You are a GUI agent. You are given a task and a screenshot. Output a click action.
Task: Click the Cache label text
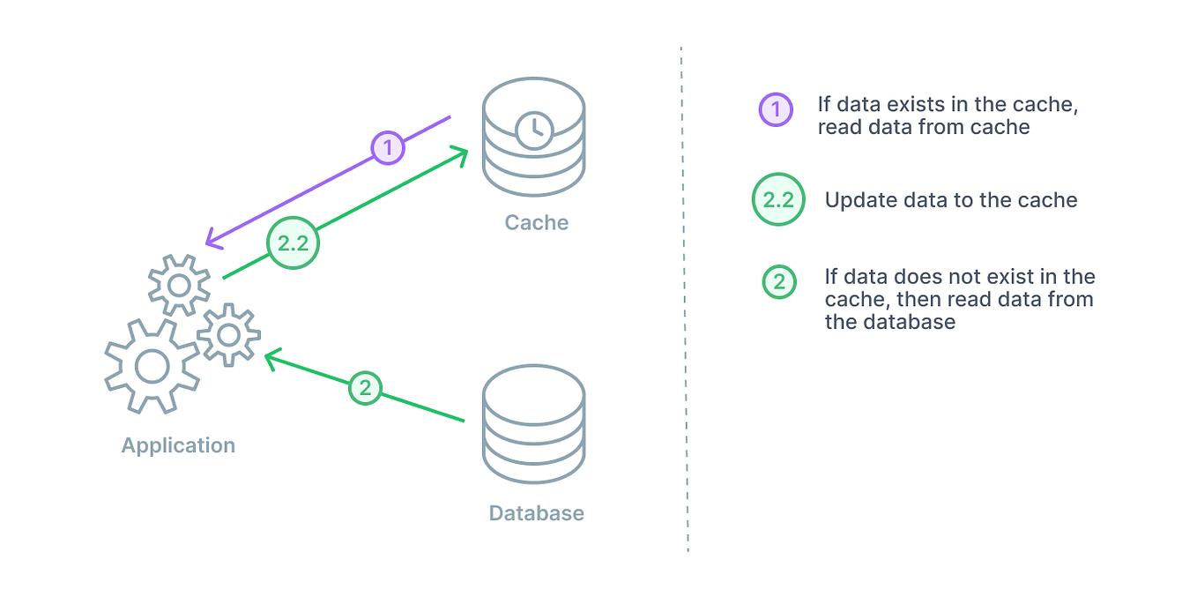536,222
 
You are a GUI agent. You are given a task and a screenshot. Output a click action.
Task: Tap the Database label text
536,513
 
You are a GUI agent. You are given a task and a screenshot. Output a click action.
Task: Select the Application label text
178,445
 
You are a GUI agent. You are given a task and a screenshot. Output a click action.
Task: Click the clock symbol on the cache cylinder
533,131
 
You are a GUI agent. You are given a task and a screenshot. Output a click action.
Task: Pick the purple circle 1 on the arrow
388,147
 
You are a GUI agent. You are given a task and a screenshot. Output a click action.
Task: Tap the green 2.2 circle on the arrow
293,243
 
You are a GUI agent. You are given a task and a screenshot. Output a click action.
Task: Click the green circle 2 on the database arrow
365,387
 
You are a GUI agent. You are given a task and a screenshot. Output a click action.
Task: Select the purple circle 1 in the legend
776,109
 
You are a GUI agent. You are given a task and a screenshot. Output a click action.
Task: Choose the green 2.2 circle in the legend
778,199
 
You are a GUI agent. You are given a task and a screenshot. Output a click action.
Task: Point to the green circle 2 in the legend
779,282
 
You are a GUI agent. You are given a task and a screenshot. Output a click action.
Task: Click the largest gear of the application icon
152,366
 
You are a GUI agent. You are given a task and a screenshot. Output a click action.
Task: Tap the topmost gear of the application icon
179,285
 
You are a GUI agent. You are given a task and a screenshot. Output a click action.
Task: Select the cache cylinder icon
533,137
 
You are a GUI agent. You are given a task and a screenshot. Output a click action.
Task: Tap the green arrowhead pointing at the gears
271,356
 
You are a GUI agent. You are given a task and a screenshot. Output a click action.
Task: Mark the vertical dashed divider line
685,300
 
